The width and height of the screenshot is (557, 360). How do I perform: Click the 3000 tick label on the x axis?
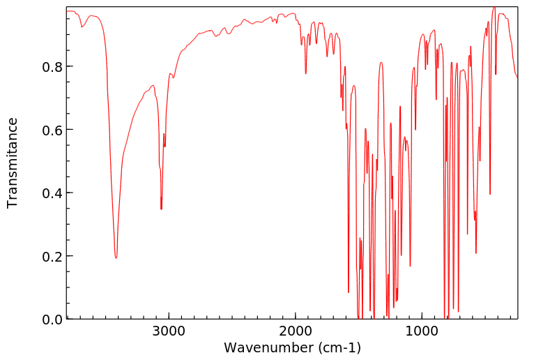coord(169,332)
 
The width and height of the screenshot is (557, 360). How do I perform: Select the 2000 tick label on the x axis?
coord(296,332)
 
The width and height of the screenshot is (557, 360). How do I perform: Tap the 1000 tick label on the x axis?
coord(422,332)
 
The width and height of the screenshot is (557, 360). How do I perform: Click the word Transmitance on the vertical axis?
coord(13,163)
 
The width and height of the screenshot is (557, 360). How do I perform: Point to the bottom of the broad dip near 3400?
coord(116,258)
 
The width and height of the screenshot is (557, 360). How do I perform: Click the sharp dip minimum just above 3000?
coord(161,209)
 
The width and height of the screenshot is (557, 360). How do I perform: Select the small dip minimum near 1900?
coord(305,73)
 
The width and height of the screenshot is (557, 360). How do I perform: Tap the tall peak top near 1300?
coord(381,63)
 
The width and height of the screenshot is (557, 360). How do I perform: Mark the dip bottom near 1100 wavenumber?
coord(410,266)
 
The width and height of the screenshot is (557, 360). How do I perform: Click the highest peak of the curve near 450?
coord(494,8)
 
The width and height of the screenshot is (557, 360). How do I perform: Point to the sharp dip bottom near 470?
coord(490,195)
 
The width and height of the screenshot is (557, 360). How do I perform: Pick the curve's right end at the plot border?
coord(517,78)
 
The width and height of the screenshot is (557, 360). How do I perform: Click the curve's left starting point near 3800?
coord(67,11)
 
